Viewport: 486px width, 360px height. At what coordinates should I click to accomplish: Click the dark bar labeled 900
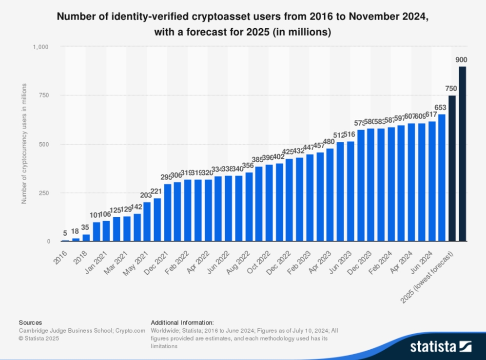462,154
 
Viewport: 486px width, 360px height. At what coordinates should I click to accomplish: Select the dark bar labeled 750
452,169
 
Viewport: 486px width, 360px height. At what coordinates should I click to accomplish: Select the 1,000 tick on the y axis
41,47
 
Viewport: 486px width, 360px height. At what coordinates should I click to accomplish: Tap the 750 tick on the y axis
44,96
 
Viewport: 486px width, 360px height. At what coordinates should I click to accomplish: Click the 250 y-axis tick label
44,193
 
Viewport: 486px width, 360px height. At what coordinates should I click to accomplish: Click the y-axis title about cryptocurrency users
24,144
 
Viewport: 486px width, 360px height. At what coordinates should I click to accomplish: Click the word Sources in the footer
30,322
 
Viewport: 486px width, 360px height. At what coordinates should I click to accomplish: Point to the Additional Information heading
182,322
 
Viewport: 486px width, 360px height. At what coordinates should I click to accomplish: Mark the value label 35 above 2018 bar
86,227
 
